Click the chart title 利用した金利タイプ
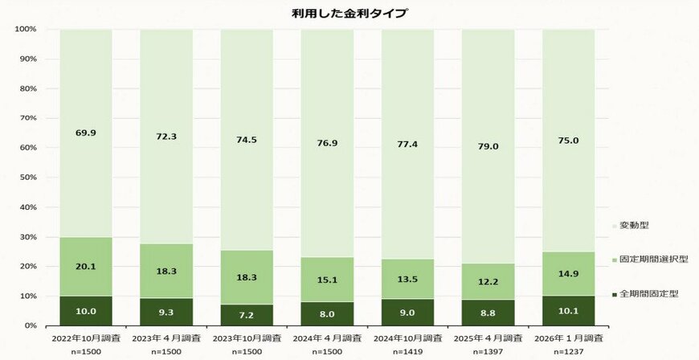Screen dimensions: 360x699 click(x=349, y=13)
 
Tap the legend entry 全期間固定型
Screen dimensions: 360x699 click(x=649, y=294)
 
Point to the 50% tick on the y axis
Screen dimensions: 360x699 click(x=27, y=178)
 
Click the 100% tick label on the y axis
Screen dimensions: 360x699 click(x=26, y=30)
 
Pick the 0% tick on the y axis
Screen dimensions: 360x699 click(x=30, y=325)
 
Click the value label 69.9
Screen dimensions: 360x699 click(x=85, y=133)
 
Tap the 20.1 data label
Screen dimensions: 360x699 click(x=85, y=267)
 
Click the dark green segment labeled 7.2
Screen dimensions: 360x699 click(x=247, y=315)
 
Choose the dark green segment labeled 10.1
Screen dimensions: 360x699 click(x=568, y=310)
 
